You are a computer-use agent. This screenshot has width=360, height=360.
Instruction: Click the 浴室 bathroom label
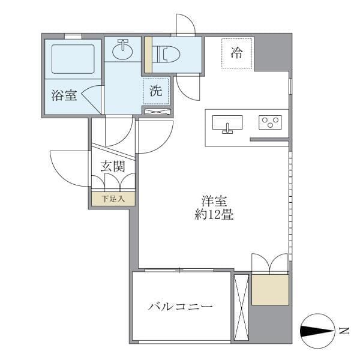(x=64, y=95)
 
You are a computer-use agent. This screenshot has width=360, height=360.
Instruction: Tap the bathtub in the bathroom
(x=73, y=59)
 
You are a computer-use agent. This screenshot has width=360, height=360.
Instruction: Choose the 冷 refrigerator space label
(x=237, y=53)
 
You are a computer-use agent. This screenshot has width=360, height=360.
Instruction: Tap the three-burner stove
(x=270, y=122)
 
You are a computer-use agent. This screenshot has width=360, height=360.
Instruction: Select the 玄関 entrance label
(x=112, y=166)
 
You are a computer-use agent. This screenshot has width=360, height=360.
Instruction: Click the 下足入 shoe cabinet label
(x=112, y=199)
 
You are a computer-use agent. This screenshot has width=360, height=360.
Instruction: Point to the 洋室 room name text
(x=214, y=202)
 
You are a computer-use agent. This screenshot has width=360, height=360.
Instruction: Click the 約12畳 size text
(x=214, y=215)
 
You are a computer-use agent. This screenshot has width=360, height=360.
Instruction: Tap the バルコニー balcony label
(x=181, y=307)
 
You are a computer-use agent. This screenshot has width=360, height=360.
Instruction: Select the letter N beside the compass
(x=343, y=331)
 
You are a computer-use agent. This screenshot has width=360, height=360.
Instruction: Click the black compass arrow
(x=317, y=331)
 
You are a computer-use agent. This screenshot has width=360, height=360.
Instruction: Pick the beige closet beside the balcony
(x=270, y=290)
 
